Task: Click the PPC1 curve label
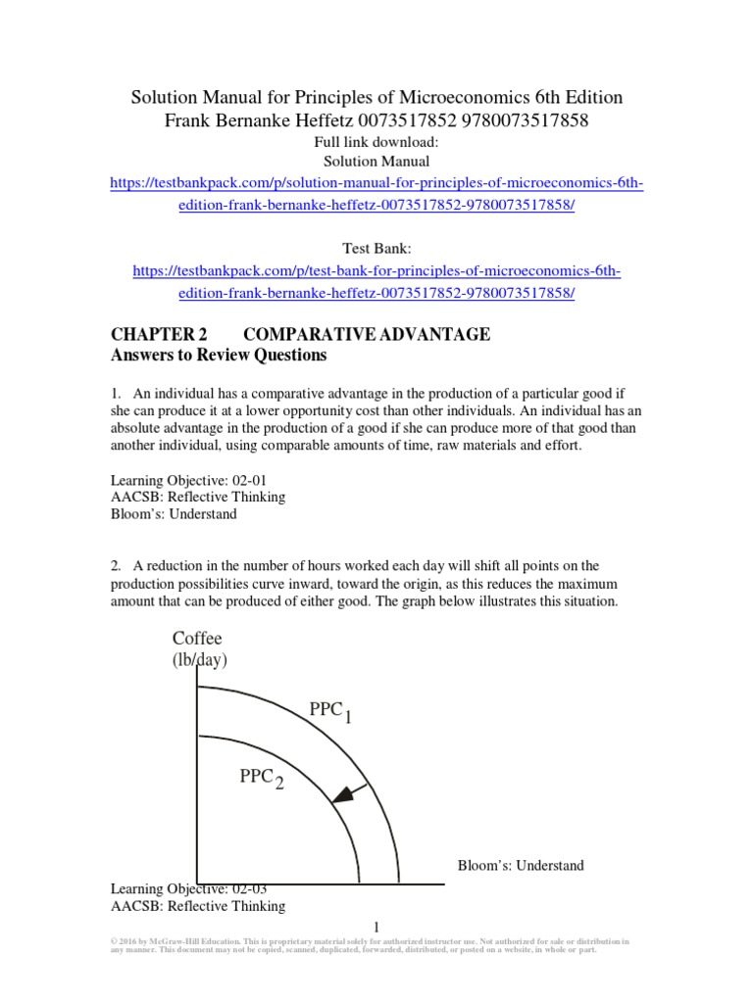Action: click(x=330, y=712)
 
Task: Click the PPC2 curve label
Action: click(x=262, y=779)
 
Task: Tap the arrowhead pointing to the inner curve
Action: click(x=338, y=797)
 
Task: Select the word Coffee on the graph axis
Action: click(x=198, y=639)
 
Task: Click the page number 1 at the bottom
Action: click(x=376, y=927)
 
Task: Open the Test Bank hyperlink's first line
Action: click(x=376, y=270)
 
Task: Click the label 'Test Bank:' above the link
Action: click(x=376, y=249)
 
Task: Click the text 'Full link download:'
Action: click(x=376, y=141)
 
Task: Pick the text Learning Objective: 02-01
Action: click(x=188, y=479)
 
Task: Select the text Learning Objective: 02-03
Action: click(x=188, y=888)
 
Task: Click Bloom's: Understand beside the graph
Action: click(x=521, y=865)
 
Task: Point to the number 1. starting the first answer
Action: click(x=115, y=394)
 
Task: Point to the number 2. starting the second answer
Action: click(x=115, y=566)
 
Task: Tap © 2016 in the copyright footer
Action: click(x=124, y=941)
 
